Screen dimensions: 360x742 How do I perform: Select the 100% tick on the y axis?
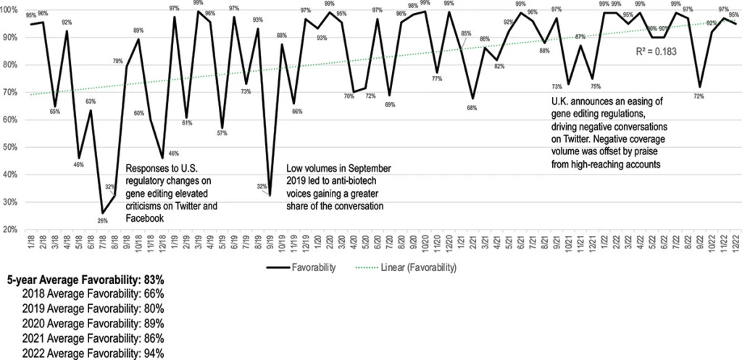click(11, 9)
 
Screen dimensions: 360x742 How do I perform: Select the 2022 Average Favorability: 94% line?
click(93, 353)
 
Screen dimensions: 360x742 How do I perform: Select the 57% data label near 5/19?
click(222, 133)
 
